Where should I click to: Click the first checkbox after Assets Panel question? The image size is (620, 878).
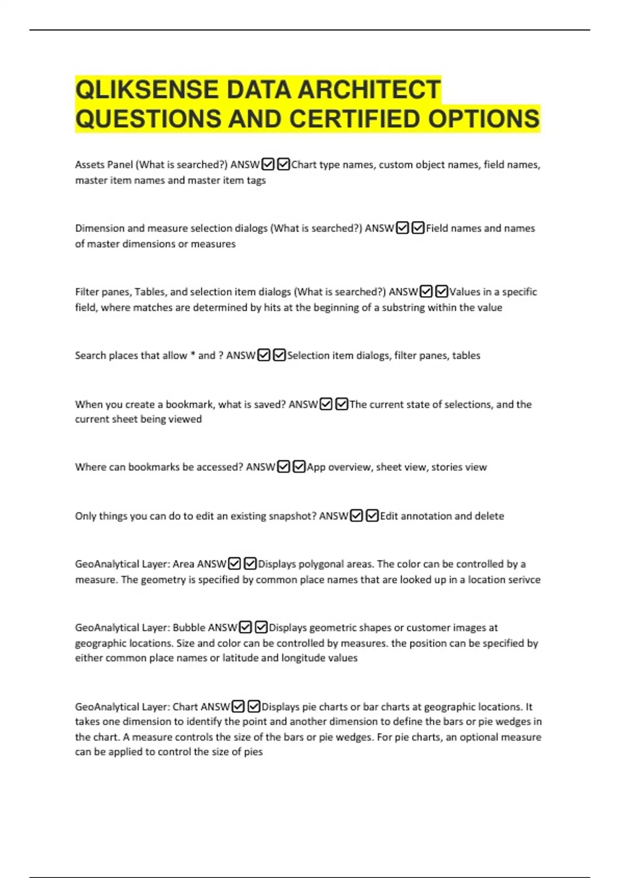268,165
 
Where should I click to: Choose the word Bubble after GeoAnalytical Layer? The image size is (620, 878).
189,628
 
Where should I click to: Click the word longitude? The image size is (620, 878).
302,658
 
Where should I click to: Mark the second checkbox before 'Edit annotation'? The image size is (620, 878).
372,516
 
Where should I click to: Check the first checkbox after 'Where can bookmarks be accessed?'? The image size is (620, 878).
284,467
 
